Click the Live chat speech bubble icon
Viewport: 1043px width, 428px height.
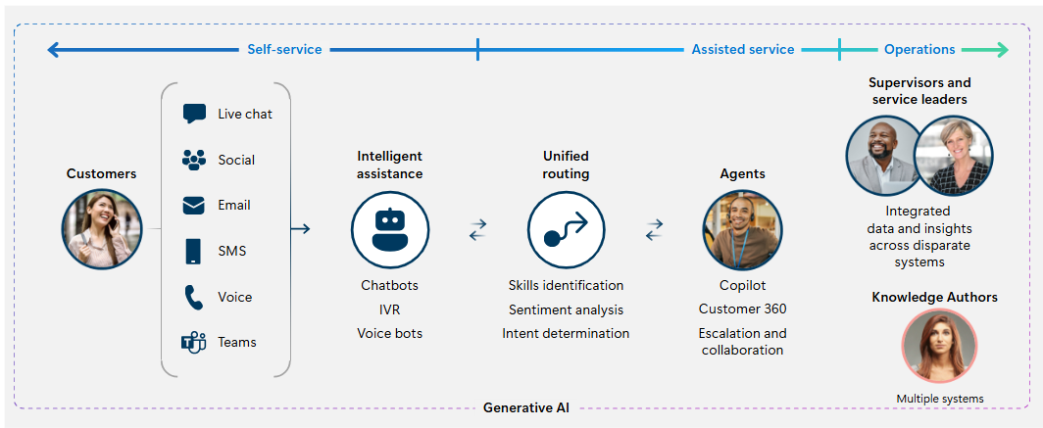coord(194,114)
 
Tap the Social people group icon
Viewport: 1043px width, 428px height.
coord(194,160)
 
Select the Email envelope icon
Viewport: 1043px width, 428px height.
coord(193,206)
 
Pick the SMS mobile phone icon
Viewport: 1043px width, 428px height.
coord(193,251)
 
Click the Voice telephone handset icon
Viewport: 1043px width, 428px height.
coord(193,297)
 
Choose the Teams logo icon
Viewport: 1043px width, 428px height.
coord(193,342)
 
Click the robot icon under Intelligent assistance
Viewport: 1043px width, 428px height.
coord(390,229)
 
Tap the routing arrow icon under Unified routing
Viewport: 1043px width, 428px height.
coord(566,229)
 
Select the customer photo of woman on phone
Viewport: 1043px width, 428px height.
coord(102,228)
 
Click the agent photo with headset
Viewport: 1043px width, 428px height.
coord(742,229)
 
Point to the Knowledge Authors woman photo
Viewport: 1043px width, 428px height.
coord(939,347)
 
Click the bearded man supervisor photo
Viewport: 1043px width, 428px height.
coord(884,156)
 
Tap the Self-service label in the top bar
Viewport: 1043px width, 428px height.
coord(284,49)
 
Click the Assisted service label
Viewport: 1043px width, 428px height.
coord(743,49)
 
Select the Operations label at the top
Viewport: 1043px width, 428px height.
coord(919,49)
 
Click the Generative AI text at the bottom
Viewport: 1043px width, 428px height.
coord(526,407)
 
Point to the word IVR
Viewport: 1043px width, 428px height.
coord(390,309)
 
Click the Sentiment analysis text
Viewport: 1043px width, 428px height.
coord(566,309)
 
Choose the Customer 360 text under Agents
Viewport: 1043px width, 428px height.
coord(742,309)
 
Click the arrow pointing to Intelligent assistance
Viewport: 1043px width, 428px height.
coord(301,229)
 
